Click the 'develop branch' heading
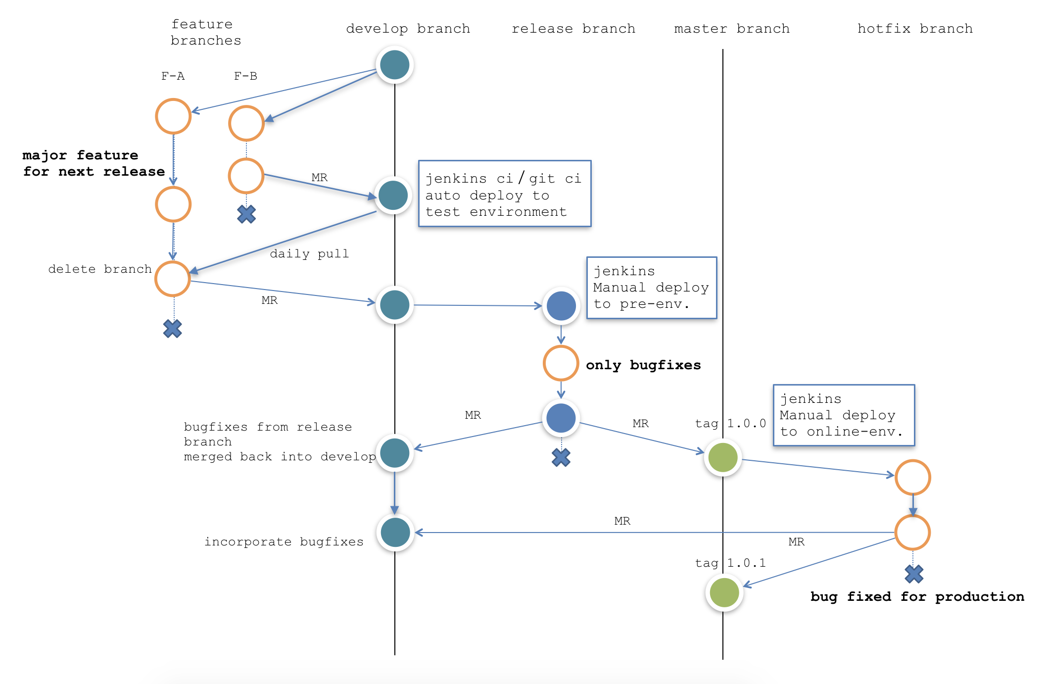click(x=408, y=29)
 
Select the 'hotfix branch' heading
click(x=914, y=29)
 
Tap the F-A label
click(x=173, y=76)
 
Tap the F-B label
click(x=245, y=76)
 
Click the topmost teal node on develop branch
click(x=394, y=65)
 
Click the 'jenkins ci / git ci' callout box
click(x=504, y=194)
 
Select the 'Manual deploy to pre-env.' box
click(x=651, y=288)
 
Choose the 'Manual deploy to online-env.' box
click(x=843, y=415)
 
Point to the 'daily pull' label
click(x=309, y=254)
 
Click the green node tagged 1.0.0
click(x=722, y=457)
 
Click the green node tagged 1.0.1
click(x=724, y=592)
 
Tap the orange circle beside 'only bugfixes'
click(x=561, y=363)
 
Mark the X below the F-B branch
click(x=246, y=214)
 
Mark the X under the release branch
click(x=561, y=457)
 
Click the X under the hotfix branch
click(x=913, y=574)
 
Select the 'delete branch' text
click(x=99, y=269)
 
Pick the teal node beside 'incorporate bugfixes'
click(x=395, y=533)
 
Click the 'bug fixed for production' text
click(x=917, y=597)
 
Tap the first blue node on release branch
click(x=561, y=306)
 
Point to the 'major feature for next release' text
click(x=94, y=163)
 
